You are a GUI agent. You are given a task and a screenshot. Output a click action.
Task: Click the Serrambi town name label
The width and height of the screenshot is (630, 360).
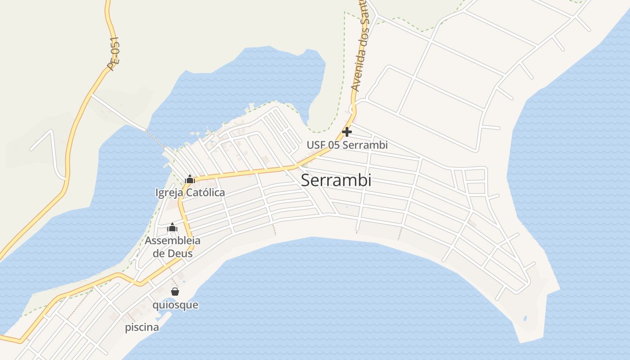click(336, 180)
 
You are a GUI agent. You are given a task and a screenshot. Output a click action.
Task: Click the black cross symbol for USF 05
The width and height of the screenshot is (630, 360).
click(347, 132)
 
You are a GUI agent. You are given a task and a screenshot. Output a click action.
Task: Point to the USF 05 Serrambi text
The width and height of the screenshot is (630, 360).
click(347, 145)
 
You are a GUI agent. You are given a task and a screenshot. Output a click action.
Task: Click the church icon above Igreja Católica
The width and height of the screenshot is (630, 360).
click(190, 180)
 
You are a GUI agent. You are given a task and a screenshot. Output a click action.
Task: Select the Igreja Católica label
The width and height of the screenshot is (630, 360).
click(190, 193)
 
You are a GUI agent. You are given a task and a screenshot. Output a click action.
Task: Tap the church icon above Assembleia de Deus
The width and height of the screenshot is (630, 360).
click(172, 227)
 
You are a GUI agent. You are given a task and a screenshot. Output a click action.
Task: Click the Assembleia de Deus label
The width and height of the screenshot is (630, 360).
click(172, 247)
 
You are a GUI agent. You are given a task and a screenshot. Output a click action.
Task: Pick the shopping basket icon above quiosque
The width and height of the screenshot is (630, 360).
click(175, 292)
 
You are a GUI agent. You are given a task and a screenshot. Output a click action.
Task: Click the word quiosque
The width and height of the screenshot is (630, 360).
click(175, 305)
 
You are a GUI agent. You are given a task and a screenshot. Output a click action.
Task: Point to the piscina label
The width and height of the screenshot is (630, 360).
click(142, 327)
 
